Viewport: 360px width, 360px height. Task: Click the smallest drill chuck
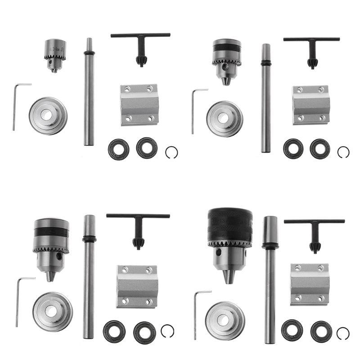pyautogui.click(x=55, y=54)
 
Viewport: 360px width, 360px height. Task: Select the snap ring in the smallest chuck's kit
pyautogui.click(x=171, y=153)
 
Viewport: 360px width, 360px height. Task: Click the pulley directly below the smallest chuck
pyautogui.click(x=48, y=116)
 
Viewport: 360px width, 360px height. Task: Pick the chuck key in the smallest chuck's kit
pyautogui.click(x=140, y=45)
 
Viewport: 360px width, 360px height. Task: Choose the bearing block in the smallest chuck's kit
pyautogui.click(x=139, y=104)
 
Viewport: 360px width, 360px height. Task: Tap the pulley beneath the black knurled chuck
pyautogui.click(x=225, y=320)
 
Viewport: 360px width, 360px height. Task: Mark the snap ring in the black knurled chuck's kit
pyautogui.click(x=343, y=333)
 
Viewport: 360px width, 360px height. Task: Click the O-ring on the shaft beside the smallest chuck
pyautogui.click(x=89, y=53)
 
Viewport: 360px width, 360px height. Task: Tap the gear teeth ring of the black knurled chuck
pyautogui.click(x=230, y=245)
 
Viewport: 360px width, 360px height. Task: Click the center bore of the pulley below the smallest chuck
pyautogui.click(x=46, y=115)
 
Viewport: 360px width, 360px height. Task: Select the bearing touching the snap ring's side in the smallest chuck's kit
pyautogui.click(x=146, y=147)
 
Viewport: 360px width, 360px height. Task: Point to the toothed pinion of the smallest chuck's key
pyautogui.click(x=141, y=61)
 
